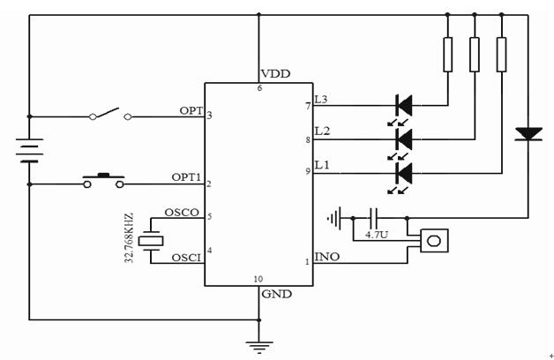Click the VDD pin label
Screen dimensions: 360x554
pyautogui.click(x=275, y=74)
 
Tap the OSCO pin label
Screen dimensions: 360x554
pyautogui.click(x=181, y=213)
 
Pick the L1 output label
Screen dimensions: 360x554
pyautogui.click(x=322, y=165)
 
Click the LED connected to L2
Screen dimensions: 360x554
pyautogui.click(x=404, y=139)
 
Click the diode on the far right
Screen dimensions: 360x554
pyautogui.click(x=528, y=133)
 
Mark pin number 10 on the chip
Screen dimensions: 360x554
pyautogui.click(x=258, y=279)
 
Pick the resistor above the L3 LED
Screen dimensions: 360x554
pyautogui.click(x=447, y=55)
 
